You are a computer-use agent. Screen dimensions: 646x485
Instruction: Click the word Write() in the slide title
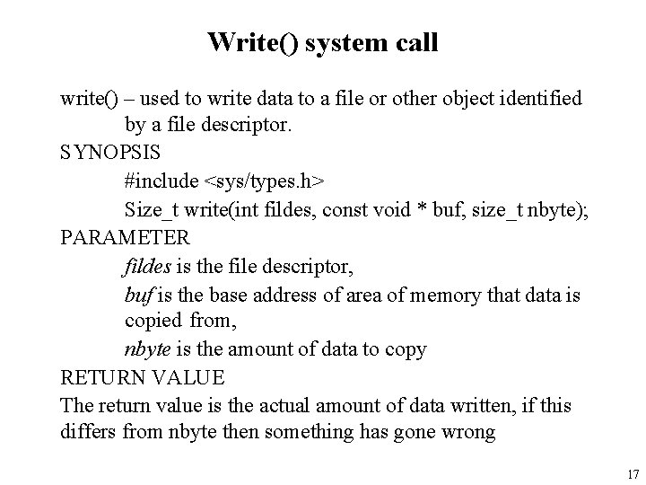(252, 41)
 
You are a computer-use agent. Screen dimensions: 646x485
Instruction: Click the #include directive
(161, 181)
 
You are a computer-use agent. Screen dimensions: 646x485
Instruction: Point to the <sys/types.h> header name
(266, 181)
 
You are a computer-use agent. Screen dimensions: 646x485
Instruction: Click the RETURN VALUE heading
(142, 377)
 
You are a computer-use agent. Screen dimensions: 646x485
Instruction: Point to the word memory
(444, 294)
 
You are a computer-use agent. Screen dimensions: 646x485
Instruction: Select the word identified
(538, 97)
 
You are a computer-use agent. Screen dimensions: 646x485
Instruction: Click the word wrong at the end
(467, 433)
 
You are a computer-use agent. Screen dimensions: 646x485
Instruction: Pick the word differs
(89, 433)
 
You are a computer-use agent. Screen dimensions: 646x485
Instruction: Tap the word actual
(267, 405)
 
